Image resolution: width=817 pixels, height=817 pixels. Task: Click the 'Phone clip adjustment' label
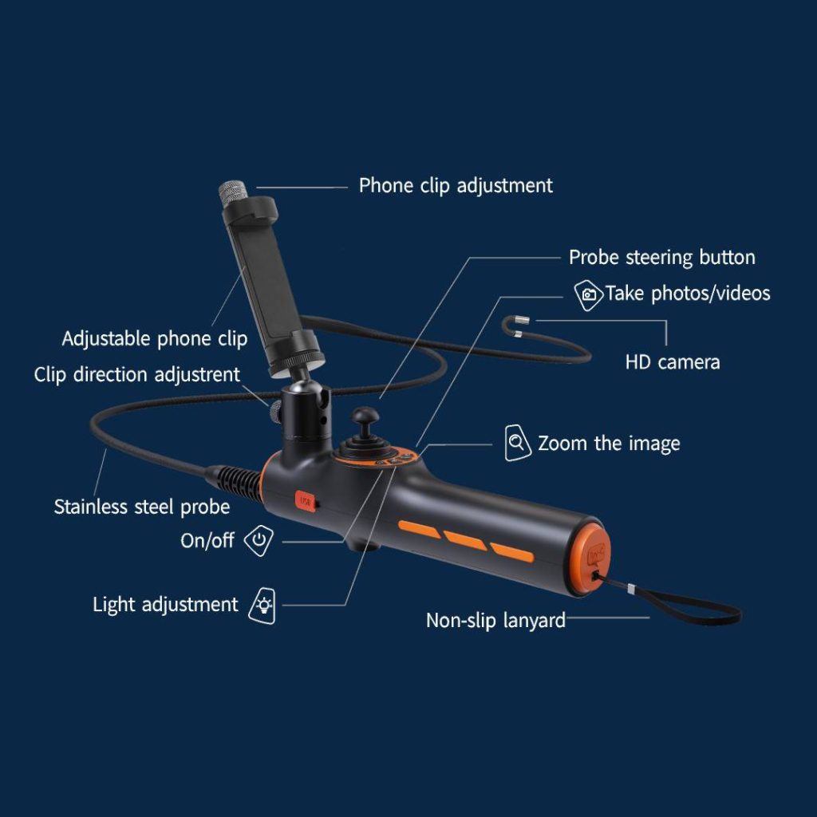point(456,186)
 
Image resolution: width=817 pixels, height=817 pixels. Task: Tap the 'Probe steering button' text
point(661,258)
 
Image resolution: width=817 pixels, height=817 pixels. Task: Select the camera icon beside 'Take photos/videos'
point(588,295)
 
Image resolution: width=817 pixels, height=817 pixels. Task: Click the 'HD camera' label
point(673,362)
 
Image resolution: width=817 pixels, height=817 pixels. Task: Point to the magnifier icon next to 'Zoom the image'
point(517,443)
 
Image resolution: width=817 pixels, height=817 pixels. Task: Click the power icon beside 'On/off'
point(259,540)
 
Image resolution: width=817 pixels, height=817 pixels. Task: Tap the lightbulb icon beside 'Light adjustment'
point(263,606)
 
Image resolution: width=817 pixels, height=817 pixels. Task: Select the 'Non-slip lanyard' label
point(495,621)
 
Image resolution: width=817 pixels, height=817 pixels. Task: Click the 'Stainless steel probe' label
point(142,507)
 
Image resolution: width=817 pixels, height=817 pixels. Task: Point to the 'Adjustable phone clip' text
point(155,339)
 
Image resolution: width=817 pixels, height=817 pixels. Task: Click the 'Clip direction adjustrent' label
point(137,375)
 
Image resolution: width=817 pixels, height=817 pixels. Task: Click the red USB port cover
point(306,502)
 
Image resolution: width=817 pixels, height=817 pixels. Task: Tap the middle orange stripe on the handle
point(465,541)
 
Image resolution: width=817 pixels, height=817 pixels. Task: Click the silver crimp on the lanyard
point(631,589)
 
